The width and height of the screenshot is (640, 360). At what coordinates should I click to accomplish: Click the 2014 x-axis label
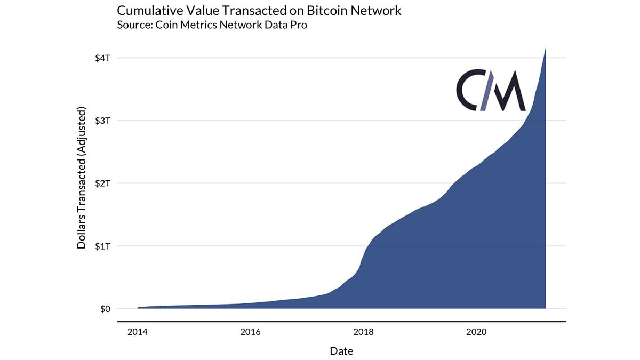tap(138, 332)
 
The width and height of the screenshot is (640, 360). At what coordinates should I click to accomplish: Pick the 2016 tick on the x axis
tap(250, 332)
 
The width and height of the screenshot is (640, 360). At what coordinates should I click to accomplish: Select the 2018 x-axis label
tap(363, 332)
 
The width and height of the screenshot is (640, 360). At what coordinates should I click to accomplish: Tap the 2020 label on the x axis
tap(476, 332)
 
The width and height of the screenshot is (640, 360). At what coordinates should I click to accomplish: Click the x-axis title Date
tap(341, 351)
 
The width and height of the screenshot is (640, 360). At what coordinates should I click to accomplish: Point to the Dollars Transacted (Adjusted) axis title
tap(82, 178)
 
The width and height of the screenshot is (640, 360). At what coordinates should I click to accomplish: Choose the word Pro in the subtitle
tap(298, 25)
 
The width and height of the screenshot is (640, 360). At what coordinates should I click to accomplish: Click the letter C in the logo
tap(468, 91)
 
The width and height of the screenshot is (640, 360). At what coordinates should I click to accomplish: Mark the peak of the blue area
tap(545, 49)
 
